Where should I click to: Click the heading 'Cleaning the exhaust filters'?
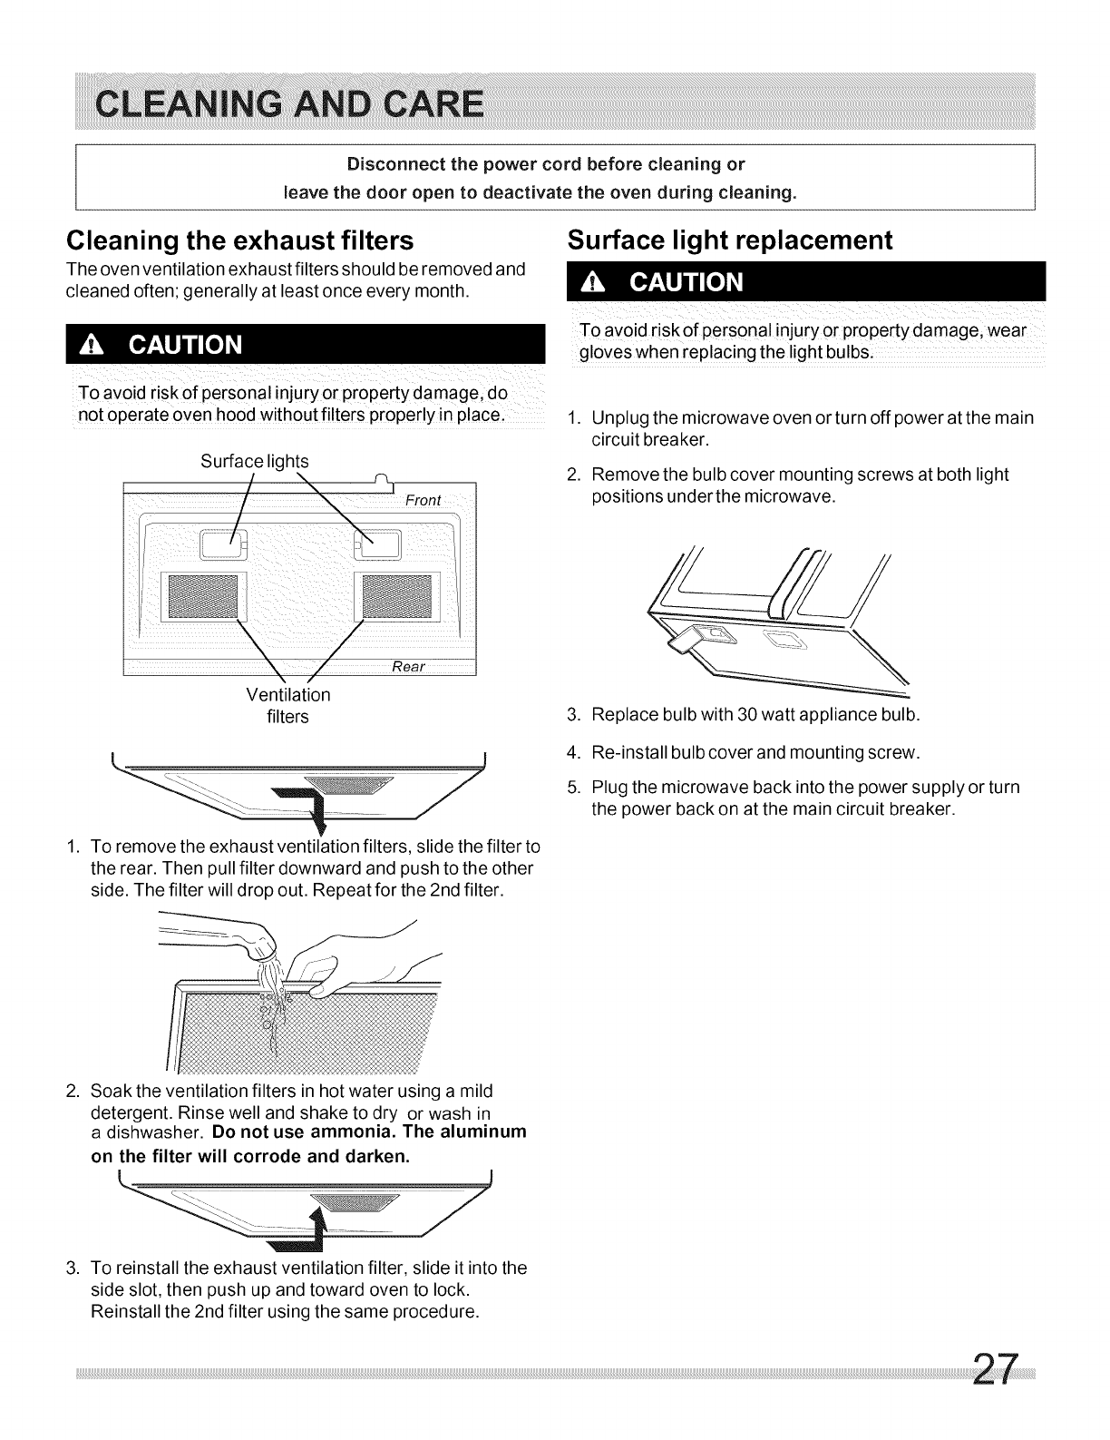(x=239, y=240)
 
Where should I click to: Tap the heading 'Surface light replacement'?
(x=730, y=240)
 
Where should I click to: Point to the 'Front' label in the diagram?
(x=423, y=500)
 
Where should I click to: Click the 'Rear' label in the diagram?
(x=408, y=667)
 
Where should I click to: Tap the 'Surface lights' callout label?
(x=254, y=461)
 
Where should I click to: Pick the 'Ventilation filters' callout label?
(x=288, y=706)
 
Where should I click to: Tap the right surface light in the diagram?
(x=379, y=544)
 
